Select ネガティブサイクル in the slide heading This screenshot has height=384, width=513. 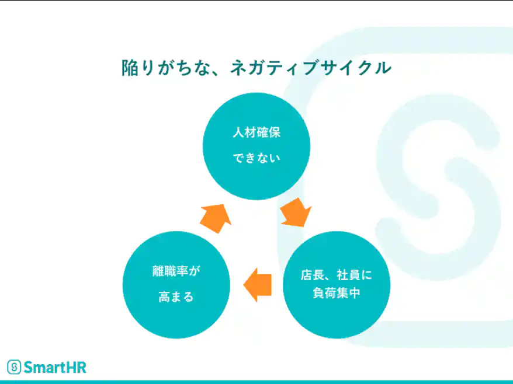(x=310, y=68)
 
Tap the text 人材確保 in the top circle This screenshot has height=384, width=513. (x=256, y=132)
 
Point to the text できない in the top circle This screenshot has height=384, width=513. (x=256, y=158)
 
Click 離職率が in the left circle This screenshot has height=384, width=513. (x=176, y=272)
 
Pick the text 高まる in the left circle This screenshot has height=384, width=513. (x=176, y=297)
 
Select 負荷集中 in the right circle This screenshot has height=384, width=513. (x=336, y=293)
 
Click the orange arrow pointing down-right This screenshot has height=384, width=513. (x=294, y=212)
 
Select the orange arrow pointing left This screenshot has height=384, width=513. (x=258, y=284)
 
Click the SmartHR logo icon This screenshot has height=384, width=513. (x=14, y=366)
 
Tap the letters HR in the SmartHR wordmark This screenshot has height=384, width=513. (x=77, y=366)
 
